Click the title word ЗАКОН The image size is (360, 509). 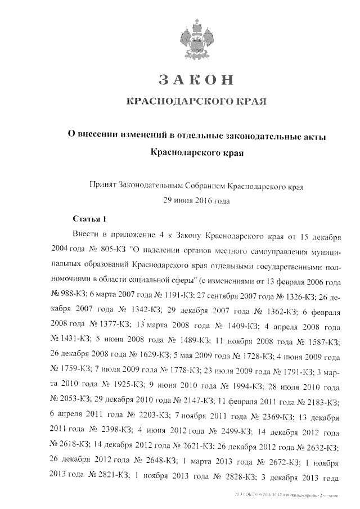[x=195, y=79]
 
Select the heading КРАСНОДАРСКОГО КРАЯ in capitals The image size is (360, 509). [x=195, y=102]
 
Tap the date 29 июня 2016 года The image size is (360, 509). [x=196, y=199]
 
